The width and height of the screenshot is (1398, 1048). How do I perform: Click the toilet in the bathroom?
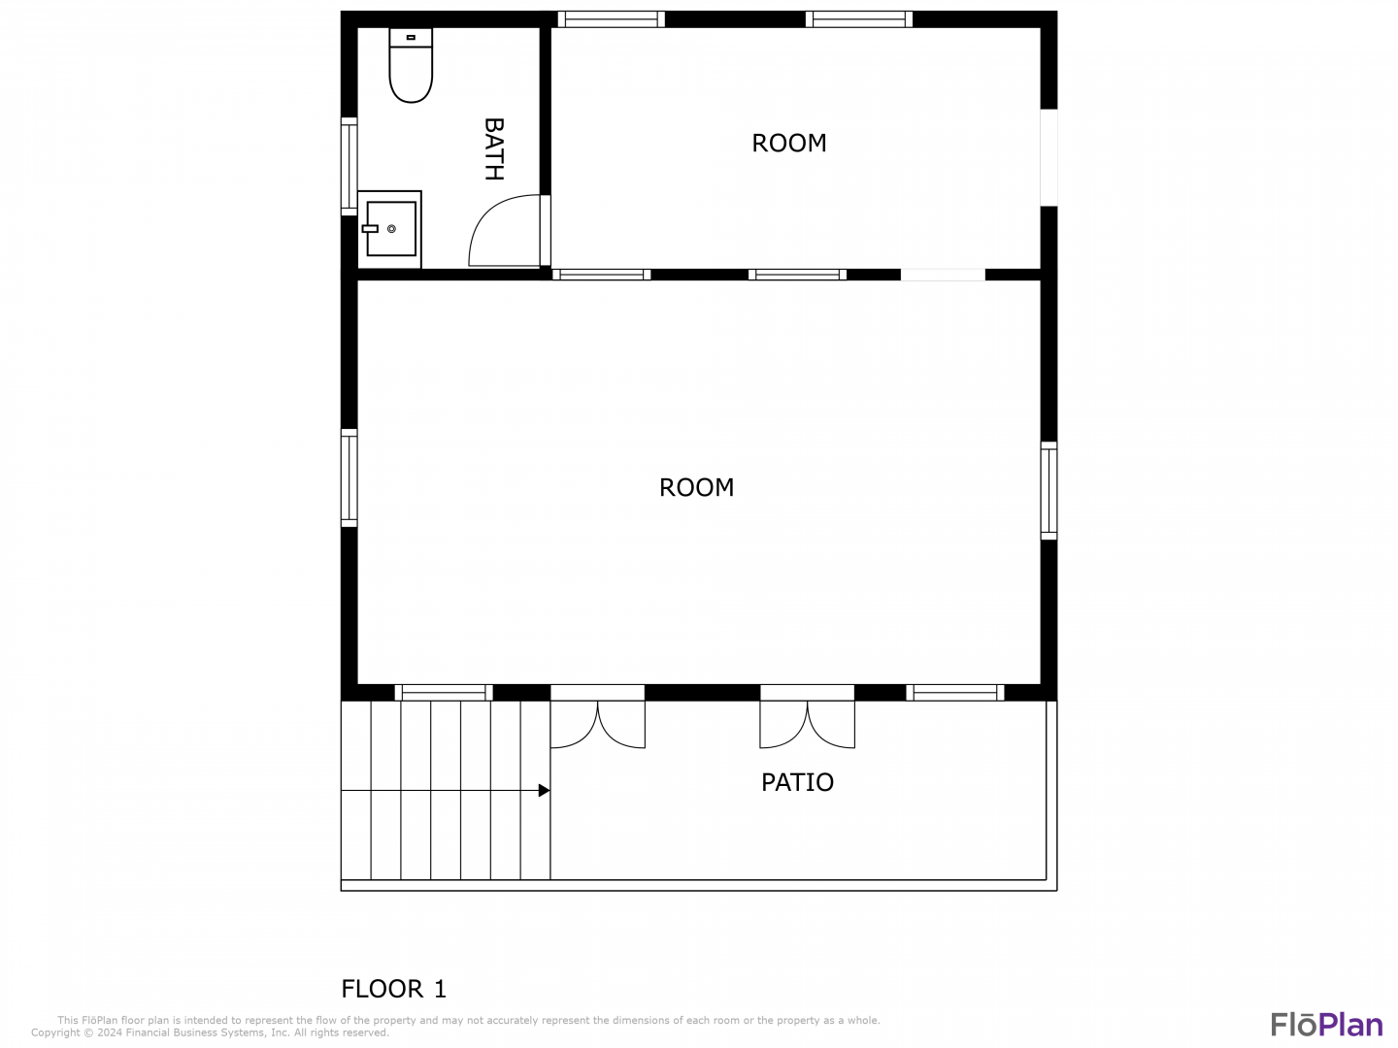click(410, 64)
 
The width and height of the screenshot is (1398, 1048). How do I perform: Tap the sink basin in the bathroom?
click(390, 228)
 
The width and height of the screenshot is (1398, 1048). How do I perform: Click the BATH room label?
click(493, 148)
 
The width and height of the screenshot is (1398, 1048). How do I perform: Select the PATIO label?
click(797, 782)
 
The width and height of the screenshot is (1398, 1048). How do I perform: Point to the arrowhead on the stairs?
click(544, 790)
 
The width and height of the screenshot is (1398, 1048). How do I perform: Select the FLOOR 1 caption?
click(393, 989)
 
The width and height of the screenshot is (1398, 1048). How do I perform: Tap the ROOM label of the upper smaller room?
click(789, 144)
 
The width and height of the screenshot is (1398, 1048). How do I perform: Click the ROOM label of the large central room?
click(696, 487)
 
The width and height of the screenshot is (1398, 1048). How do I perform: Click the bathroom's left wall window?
click(349, 166)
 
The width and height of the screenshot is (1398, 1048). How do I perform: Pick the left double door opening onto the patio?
click(597, 716)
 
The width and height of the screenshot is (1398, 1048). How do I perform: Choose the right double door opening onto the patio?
click(807, 716)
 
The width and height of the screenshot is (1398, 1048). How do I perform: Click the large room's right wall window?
click(1048, 491)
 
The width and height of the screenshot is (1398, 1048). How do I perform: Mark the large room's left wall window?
click(349, 477)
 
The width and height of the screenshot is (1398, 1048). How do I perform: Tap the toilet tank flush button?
click(411, 38)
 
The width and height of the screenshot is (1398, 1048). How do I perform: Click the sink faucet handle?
click(370, 228)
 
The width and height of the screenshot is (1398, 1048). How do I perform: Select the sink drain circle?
click(391, 228)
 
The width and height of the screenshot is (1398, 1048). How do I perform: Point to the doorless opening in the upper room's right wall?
click(1048, 157)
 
